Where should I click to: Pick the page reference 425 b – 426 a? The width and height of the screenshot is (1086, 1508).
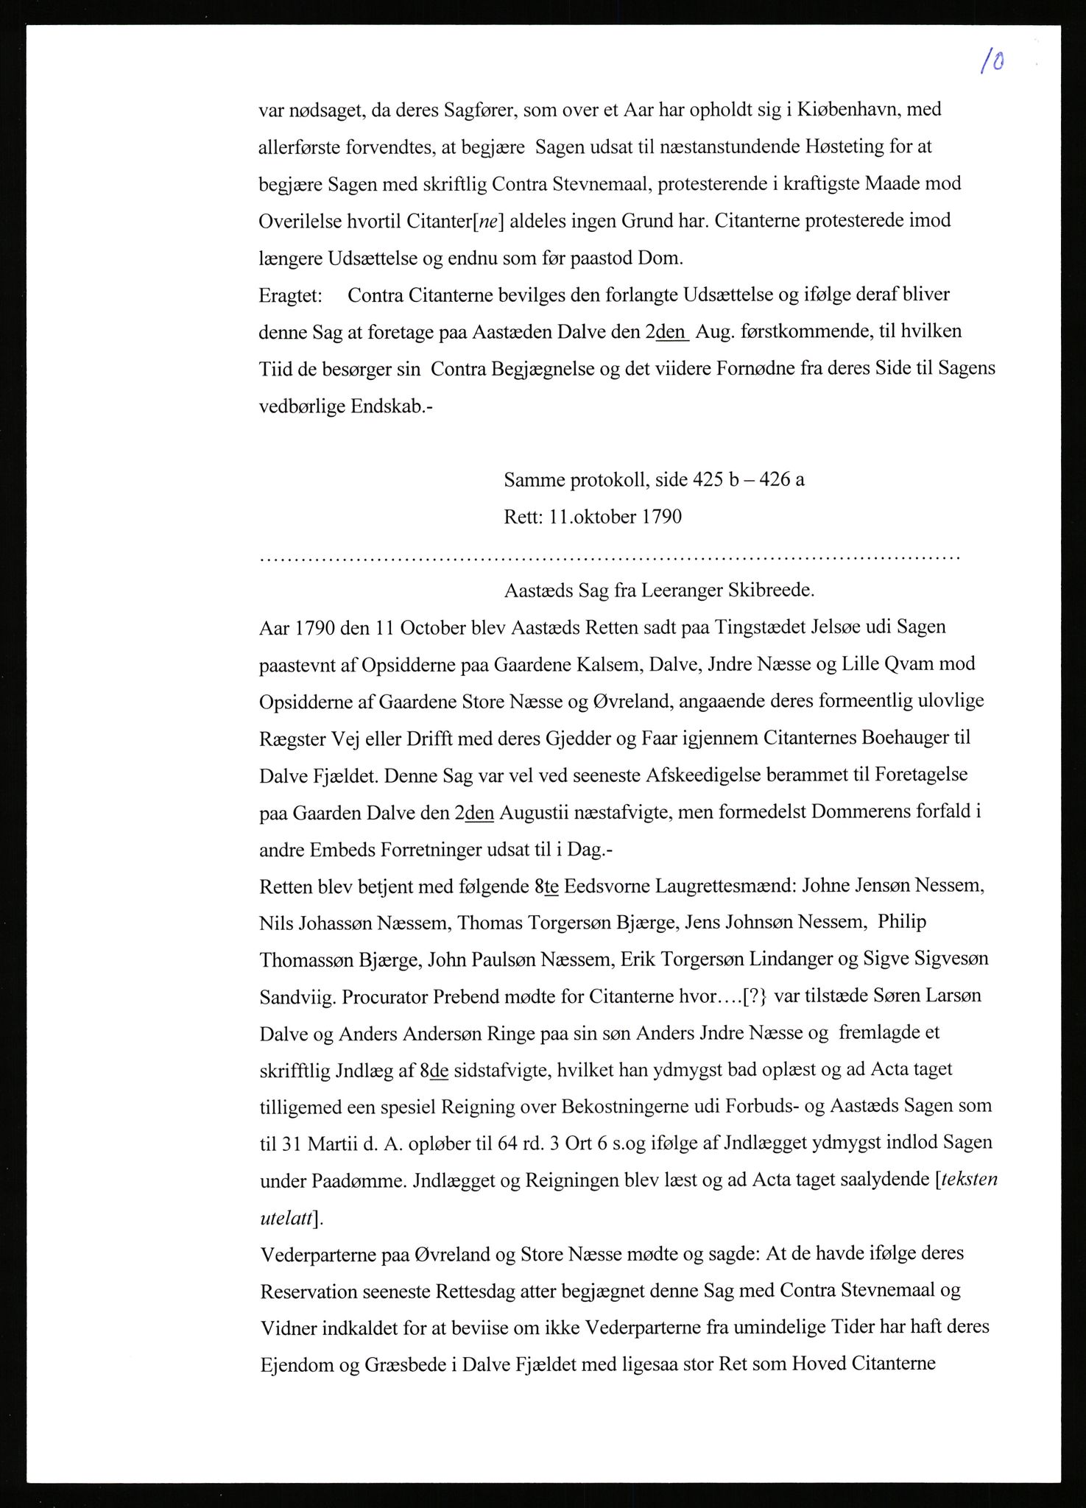tap(748, 480)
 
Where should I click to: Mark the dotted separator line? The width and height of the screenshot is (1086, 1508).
tap(610, 558)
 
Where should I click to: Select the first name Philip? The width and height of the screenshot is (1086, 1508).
tap(902, 923)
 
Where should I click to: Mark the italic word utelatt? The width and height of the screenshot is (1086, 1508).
tap(285, 1219)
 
